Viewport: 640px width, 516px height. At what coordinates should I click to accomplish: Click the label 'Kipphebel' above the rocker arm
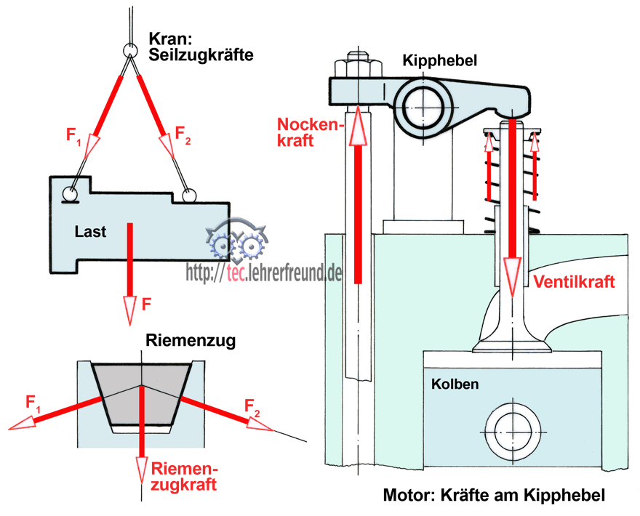pos(440,61)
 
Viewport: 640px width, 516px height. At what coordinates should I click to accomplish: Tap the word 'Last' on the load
pos(90,232)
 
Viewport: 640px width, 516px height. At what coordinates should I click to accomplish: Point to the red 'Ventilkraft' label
pos(574,282)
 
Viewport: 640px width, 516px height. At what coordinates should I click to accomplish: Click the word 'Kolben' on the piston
pos(455,383)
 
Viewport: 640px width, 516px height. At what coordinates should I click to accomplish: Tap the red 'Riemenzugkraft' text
pos(183,475)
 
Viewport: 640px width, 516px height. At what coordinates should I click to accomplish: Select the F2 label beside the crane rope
pos(183,135)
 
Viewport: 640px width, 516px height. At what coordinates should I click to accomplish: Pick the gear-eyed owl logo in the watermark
pos(236,243)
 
